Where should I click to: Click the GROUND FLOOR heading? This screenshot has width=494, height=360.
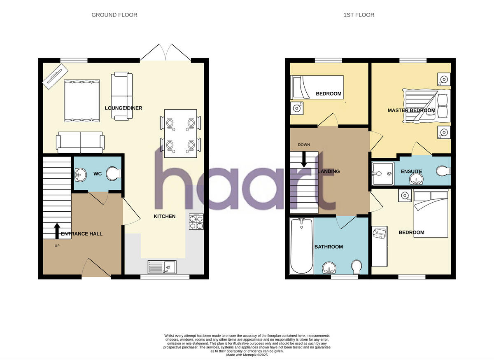[x=114, y=15]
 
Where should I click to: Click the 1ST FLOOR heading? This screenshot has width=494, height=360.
[x=359, y=15]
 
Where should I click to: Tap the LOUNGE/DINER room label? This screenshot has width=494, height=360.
[x=123, y=108]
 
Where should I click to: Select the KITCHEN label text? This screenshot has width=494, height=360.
[x=165, y=216]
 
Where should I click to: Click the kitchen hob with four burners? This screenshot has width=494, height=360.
[x=196, y=222]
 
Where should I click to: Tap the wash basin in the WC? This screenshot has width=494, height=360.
[x=81, y=175]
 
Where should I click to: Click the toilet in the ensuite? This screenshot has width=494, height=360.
[x=443, y=171]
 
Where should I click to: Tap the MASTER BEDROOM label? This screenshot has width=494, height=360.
[x=411, y=110]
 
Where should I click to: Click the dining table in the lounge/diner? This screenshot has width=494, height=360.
[x=180, y=133]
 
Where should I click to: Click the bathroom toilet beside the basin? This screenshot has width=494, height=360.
[x=357, y=267]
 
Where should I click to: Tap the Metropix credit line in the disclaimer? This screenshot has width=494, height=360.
[x=247, y=355]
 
